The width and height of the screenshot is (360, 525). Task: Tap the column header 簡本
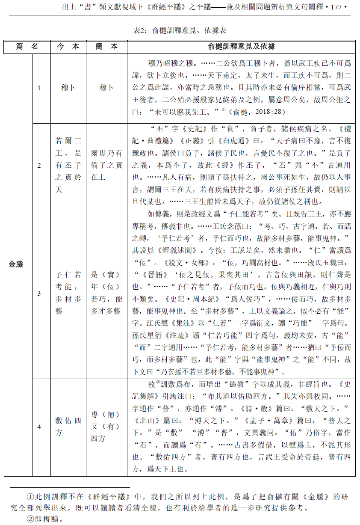coord(106,47)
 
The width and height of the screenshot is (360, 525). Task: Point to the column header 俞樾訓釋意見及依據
coord(242,47)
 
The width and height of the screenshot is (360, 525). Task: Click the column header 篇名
coord(27,47)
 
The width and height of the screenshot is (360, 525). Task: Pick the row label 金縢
coord(16,264)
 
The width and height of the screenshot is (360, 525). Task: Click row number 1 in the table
coord(39,88)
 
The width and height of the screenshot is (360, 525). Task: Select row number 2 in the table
coord(39,165)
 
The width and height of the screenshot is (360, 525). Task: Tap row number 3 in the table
coord(39,293)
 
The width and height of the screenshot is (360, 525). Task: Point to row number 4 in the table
coord(39,427)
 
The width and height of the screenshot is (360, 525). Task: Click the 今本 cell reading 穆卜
coord(68,88)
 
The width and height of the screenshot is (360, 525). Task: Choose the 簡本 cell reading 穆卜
coord(106,88)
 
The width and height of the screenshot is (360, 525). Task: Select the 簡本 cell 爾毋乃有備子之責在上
coord(106,165)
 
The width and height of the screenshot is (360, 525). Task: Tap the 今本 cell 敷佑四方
coord(68,427)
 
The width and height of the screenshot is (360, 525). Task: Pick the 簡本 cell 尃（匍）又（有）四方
coord(106,427)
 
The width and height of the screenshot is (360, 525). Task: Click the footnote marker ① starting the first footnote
coord(30,497)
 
